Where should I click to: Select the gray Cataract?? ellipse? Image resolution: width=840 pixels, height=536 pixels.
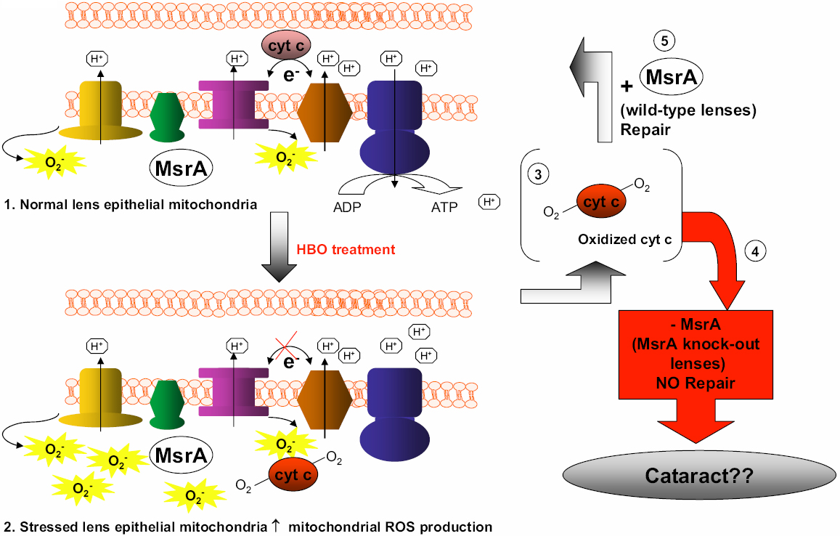point(700,476)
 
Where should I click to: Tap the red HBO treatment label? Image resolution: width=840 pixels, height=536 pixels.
point(346,249)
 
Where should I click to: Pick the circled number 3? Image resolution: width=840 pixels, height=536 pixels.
point(539,174)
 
